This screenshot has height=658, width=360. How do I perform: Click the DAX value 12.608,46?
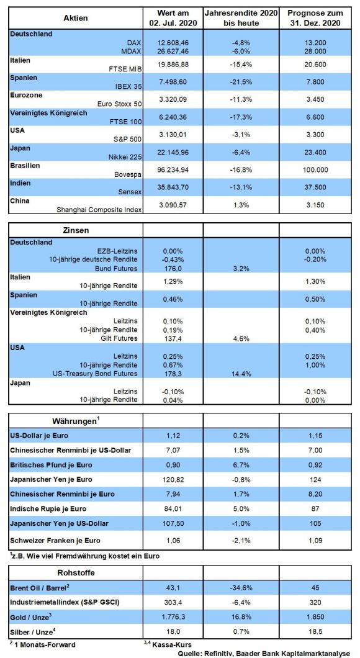pyautogui.click(x=173, y=43)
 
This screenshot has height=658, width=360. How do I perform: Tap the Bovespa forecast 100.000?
pyautogui.click(x=315, y=171)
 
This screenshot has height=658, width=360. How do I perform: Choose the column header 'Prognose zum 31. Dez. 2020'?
pyautogui.click(x=315, y=18)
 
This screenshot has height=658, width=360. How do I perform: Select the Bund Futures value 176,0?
pyautogui.click(x=173, y=268)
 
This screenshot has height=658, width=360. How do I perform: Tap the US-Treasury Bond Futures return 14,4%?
pyautogui.click(x=241, y=374)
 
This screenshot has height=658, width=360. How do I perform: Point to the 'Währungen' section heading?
pyautogui.click(x=77, y=420)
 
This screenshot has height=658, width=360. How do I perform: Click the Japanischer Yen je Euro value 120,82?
pyautogui.click(x=173, y=479)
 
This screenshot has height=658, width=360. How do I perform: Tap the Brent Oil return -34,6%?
pyautogui.click(x=241, y=588)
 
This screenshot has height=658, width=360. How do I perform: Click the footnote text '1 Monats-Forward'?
pyautogui.click(x=43, y=644)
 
